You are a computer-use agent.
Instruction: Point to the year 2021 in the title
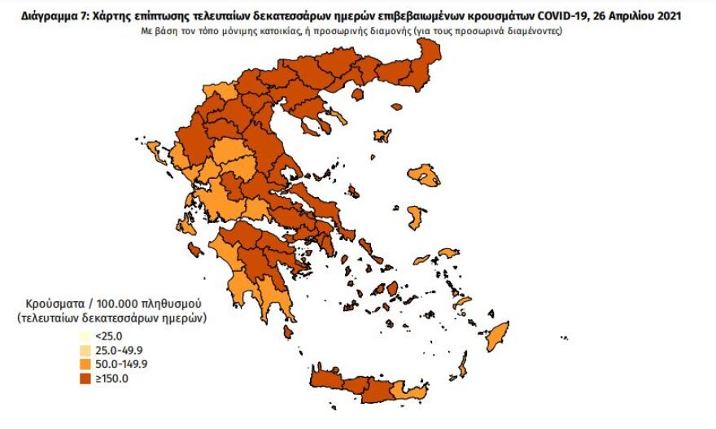[665, 15]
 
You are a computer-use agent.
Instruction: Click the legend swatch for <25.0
[85, 335]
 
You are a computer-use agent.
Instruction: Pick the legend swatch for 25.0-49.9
[85, 348]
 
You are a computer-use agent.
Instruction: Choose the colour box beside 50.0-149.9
[85, 363]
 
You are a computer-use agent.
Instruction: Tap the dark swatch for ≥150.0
[85, 378]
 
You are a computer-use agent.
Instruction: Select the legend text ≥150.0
[111, 378]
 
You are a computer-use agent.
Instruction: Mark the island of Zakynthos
[195, 248]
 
